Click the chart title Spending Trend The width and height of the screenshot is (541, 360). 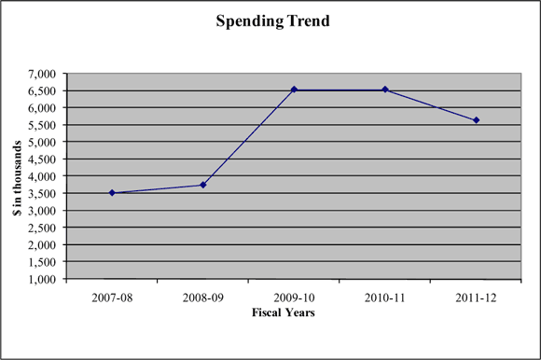(270, 19)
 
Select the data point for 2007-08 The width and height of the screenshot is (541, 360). (112, 193)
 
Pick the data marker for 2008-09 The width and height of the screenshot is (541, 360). (202, 185)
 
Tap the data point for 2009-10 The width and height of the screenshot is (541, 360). (294, 90)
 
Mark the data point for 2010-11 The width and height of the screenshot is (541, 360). (385, 90)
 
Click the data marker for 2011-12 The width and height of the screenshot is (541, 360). (476, 120)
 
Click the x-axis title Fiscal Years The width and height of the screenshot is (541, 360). (283, 312)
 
